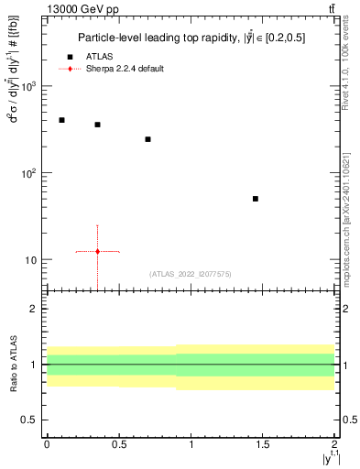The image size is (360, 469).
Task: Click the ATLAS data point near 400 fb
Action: [x=61, y=120]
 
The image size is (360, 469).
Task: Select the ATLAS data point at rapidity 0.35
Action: [x=97, y=125]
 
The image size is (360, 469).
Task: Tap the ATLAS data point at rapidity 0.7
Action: [x=147, y=139]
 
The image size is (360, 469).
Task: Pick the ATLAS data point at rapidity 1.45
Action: [x=256, y=199]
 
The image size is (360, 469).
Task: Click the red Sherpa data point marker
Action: [x=97, y=251]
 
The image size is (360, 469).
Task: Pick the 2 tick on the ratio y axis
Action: [x=36, y=310]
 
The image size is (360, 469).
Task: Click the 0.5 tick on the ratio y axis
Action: [x=32, y=420]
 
